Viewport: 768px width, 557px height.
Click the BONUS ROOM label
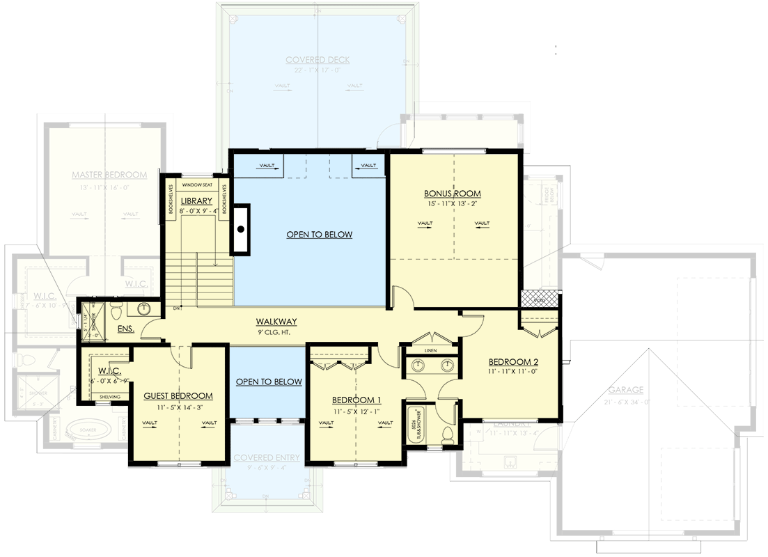453,194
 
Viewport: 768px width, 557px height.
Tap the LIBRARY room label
197,201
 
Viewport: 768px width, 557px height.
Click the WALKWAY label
276,322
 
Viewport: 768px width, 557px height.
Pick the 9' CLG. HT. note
276,332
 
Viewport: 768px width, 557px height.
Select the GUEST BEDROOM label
178,396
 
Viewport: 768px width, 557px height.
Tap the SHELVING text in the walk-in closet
110,397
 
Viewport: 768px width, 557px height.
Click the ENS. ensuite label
125,328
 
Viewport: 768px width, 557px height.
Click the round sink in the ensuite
146,308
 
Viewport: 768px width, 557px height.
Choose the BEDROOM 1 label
356,400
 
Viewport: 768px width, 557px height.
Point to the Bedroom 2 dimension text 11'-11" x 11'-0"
512,372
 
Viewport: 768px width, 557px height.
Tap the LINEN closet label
430,350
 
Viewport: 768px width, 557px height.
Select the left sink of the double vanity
416,365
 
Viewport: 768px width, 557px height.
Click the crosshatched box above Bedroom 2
539,299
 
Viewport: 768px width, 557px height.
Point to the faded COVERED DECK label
318,61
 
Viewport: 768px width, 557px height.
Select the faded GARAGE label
625,390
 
